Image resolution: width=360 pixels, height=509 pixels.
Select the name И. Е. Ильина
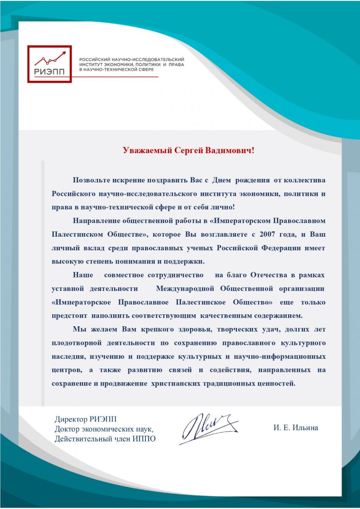point(296,428)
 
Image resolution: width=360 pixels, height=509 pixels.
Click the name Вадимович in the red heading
point(230,151)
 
